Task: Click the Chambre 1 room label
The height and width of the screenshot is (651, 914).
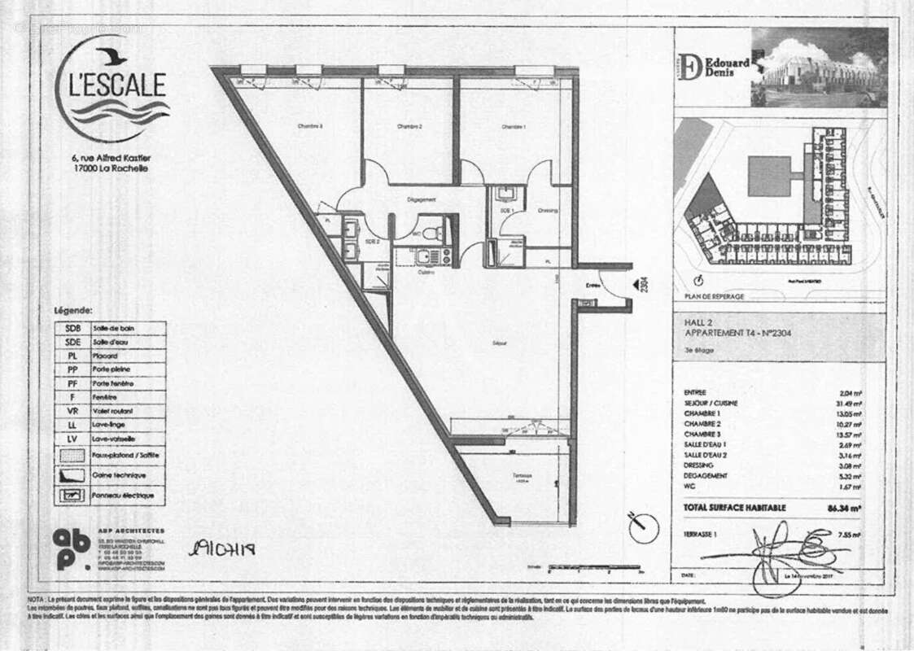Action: pyautogui.click(x=514, y=127)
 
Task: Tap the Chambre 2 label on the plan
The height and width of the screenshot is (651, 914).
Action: pyautogui.click(x=409, y=127)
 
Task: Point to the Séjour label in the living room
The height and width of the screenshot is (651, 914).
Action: pyautogui.click(x=499, y=343)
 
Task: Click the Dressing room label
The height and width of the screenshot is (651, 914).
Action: pyautogui.click(x=548, y=211)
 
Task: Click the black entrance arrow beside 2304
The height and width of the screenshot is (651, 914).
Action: pyautogui.click(x=631, y=285)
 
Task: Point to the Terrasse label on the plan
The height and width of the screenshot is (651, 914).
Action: pyautogui.click(x=522, y=476)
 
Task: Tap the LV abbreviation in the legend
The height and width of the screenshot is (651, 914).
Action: pyautogui.click(x=72, y=439)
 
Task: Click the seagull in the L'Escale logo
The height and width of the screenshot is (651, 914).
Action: pyautogui.click(x=111, y=57)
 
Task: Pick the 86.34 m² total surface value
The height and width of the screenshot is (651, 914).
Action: pyautogui.click(x=844, y=508)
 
